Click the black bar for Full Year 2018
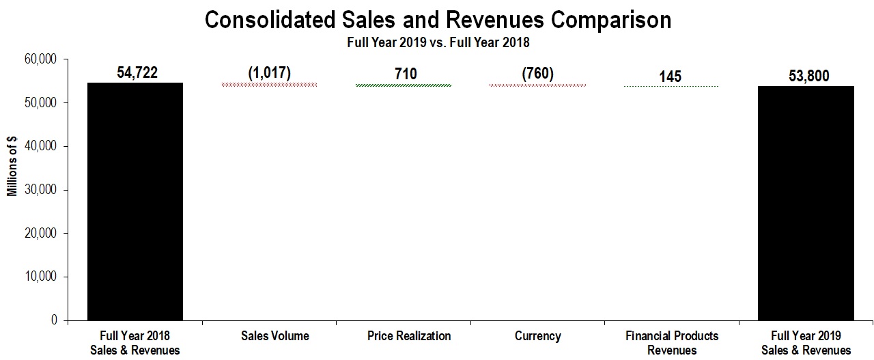coord(135,202)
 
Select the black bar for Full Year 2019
coord(806,203)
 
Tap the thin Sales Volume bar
coord(269,85)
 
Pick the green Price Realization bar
coord(403,85)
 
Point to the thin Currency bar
coord(537,85)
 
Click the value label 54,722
coord(137,72)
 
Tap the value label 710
coord(405,73)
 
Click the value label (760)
coord(537,73)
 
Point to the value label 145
coord(671,77)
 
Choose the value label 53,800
coord(808,77)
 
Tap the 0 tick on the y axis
coord(53,320)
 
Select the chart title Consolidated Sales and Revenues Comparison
coord(438,20)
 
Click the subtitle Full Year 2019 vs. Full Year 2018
coord(437,42)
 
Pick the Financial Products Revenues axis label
coord(672,343)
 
